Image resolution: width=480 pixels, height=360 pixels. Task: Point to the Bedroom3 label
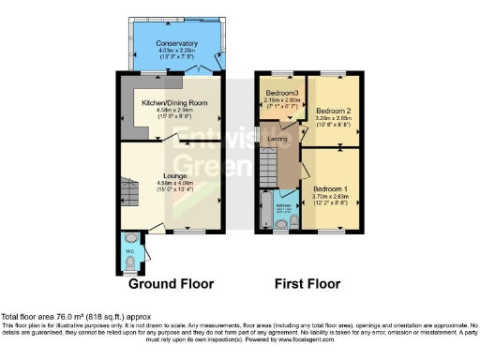click(x=282, y=94)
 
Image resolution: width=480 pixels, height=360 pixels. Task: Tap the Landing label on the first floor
click(x=277, y=140)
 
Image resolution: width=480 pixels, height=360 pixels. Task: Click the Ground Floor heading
click(x=171, y=283)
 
